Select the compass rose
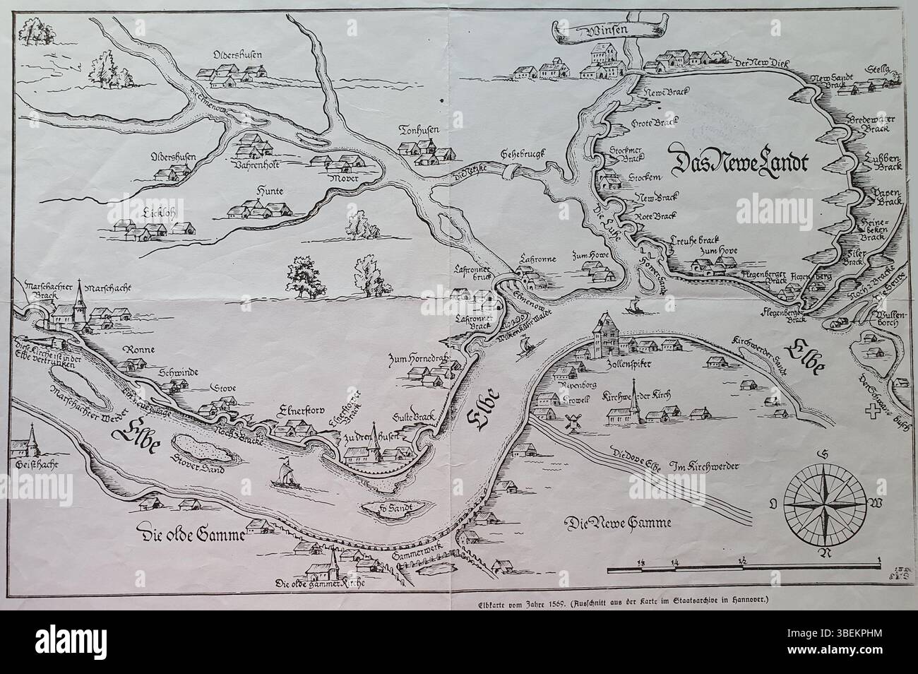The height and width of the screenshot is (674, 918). (x=823, y=502)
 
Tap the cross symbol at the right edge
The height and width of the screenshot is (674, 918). (x=866, y=408)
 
